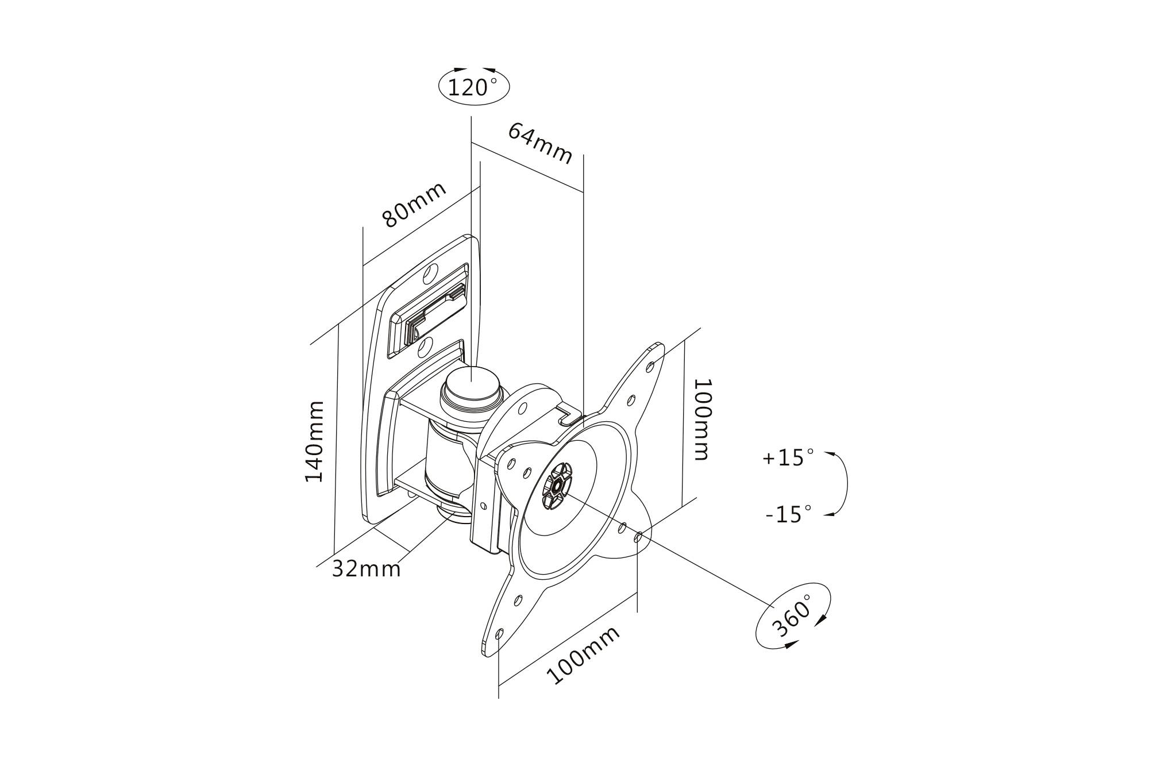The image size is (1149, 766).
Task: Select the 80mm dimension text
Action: [x=414, y=205]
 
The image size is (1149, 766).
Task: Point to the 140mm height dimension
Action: [x=314, y=441]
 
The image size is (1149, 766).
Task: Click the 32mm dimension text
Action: [x=367, y=569]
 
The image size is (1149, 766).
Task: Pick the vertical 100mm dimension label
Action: [x=702, y=419]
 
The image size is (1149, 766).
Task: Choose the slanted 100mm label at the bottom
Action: [x=583, y=655]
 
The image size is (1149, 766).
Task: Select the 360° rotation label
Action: [x=793, y=616]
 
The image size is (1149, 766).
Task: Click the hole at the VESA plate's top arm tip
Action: [x=650, y=365]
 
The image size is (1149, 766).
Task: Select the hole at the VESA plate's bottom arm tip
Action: [x=499, y=634]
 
